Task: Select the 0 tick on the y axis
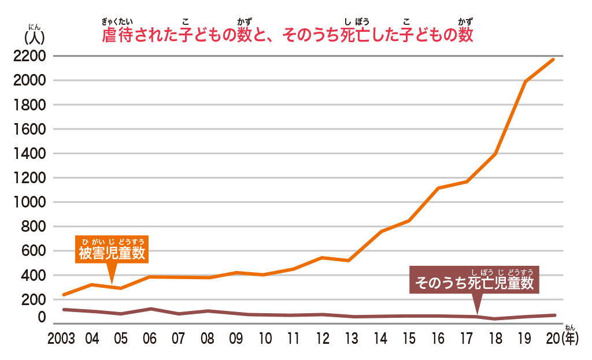pos(41,317)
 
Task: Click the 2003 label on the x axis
pos(62,339)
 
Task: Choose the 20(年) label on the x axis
pos(560,339)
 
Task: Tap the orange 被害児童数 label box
pos(112,253)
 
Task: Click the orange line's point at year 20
pos(554,59)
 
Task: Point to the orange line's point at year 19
pos(525,81)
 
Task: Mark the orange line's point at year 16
pos(438,188)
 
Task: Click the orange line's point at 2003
pos(63,295)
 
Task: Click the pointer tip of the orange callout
pos(112,283)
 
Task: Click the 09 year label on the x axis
pos(236,339)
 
